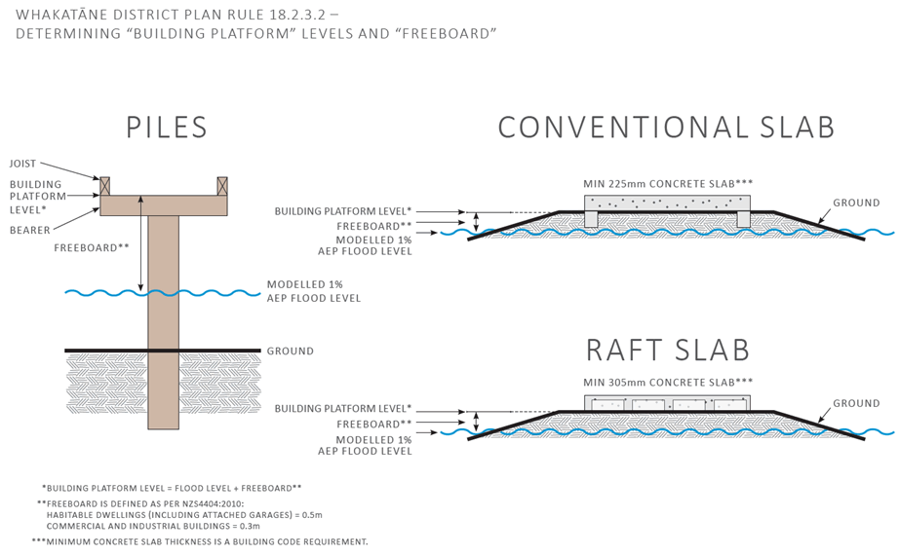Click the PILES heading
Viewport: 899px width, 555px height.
[x=167, y=128]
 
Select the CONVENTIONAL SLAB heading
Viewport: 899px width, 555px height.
[x=666, y=128]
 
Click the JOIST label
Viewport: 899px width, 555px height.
[x=23, y=164]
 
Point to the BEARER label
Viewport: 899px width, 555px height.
[x=29, y=230]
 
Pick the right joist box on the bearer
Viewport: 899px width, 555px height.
[x=222, y=185]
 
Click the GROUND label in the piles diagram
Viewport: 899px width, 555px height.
[x=291, y=351]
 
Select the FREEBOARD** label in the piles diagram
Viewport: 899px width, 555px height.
[x=92, y=247]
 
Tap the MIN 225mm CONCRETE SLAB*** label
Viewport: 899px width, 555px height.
[x=668, y=182]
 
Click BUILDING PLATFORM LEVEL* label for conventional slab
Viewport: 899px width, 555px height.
[x=342, y=211]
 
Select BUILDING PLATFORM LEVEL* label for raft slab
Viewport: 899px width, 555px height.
[x=342, y=409]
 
